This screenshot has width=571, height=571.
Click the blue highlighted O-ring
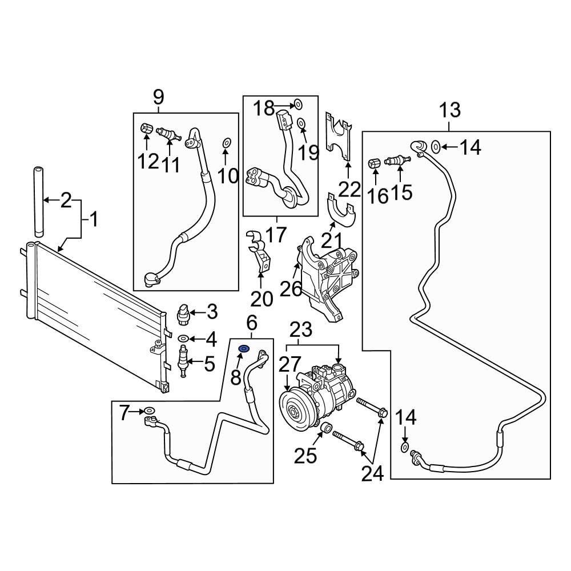point(243,349)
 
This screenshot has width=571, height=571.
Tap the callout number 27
point(289,364)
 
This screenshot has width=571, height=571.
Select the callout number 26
point(290,289)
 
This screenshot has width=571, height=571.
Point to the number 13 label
point(450,110)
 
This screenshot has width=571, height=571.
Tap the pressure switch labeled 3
point(183,312)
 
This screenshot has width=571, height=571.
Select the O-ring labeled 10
point(226,142)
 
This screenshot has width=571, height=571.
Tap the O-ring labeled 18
point(297,104)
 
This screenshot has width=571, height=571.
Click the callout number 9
point(158,98)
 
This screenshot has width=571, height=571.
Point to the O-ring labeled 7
point(149,410)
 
